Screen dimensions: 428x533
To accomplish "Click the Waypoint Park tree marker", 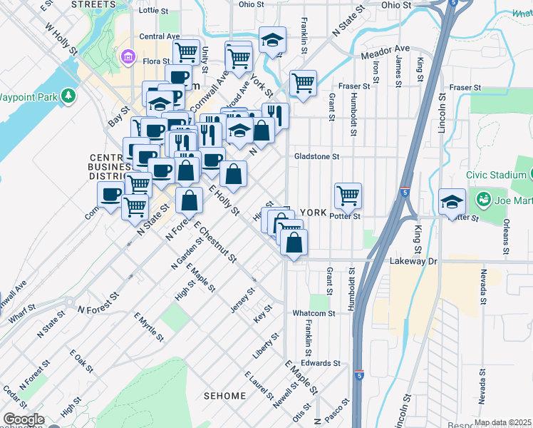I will [69, 95].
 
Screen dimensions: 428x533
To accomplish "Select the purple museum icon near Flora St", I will [129, 56].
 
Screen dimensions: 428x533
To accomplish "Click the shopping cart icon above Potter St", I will [348, 194].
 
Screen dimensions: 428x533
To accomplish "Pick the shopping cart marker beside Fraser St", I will [304, 83].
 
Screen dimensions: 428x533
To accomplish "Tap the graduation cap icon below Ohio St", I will [272, 39].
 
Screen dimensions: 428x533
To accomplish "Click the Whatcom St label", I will [314, 313].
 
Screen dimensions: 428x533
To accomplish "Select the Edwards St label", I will [320, 363].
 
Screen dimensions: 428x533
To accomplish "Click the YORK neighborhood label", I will [313, 213].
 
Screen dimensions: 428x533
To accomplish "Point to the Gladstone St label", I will [317, 156].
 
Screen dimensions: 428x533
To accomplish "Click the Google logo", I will [24, 419].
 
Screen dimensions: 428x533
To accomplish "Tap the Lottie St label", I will [154, 11].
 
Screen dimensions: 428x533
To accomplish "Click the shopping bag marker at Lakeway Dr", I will [294, 243].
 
